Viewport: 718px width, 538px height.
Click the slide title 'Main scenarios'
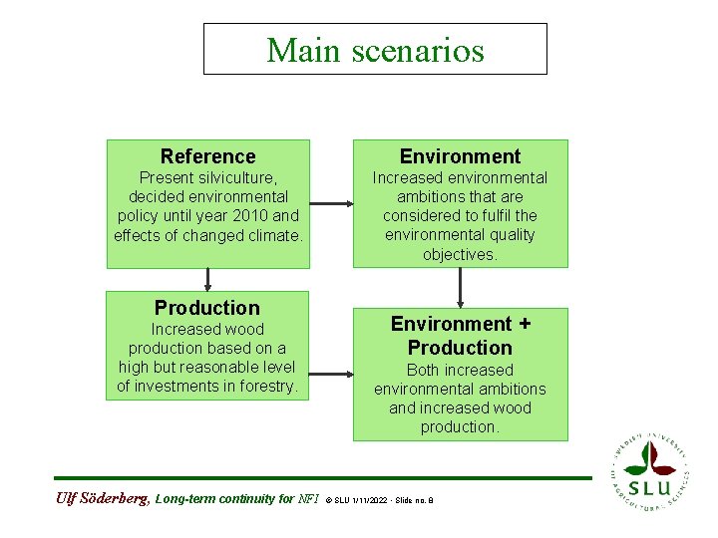375,50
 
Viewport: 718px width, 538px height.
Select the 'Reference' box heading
207,156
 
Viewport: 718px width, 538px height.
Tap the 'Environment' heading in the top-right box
460,156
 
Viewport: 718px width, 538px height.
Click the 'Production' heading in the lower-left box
207,308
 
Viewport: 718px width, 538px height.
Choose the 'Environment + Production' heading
460,336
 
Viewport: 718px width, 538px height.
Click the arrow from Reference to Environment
331,204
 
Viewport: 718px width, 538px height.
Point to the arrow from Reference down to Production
207,279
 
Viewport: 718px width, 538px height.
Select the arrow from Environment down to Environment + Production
460,287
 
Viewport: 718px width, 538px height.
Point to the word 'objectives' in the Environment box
460,254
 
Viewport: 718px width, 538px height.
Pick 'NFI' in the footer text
309,499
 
